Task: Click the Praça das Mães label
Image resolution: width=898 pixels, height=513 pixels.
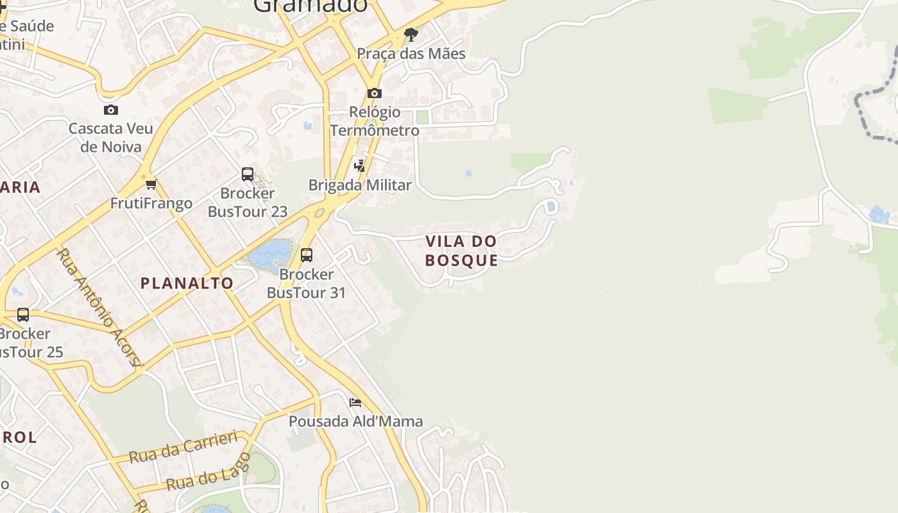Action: [411, 53]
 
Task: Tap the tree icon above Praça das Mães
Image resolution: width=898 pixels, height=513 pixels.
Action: [411, 34]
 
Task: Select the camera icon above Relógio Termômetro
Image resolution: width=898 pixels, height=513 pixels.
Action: [375, 94]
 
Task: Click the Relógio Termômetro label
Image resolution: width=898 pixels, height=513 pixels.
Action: [375, 121]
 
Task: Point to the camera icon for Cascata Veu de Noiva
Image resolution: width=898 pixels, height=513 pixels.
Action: [111, 110]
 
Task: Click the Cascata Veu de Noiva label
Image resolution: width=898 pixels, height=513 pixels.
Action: [111, 137]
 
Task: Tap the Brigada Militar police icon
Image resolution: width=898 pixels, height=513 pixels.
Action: [360, 166]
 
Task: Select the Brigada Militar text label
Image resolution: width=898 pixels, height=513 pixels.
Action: [360, 185]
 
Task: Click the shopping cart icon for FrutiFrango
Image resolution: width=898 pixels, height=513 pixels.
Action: [151, 185]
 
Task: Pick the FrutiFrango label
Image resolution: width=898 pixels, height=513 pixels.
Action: [151, 203]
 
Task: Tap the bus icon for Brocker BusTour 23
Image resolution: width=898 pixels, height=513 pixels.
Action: [248, 174]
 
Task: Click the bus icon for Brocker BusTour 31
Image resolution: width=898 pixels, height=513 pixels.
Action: [307, 255]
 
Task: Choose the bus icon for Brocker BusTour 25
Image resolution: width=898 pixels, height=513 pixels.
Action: [23, 315]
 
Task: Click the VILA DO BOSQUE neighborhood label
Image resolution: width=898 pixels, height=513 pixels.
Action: [461, 251]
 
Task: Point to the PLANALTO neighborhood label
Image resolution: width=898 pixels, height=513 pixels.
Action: [187, 283]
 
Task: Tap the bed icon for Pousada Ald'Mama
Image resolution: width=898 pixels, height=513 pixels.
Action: [355, 403]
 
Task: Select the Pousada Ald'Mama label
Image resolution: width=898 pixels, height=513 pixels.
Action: [355, 421]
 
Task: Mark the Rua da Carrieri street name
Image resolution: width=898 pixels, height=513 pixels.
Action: [183, 447]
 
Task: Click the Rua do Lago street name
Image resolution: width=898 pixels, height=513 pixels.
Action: [208, 472]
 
